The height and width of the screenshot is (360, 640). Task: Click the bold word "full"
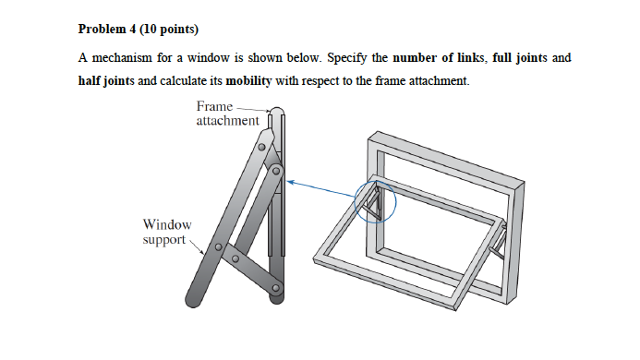[x=503, y=58]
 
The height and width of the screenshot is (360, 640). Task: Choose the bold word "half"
[x=91, y=81]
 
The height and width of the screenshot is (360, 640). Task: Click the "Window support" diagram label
[x=167, y=232]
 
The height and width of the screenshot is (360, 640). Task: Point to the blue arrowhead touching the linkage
[x=290, y=182]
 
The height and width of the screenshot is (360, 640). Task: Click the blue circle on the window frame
[x=375, y=202]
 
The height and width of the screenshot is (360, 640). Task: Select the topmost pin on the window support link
[x=262, y=146]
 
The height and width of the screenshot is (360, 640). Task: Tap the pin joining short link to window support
[x=219, y=246]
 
